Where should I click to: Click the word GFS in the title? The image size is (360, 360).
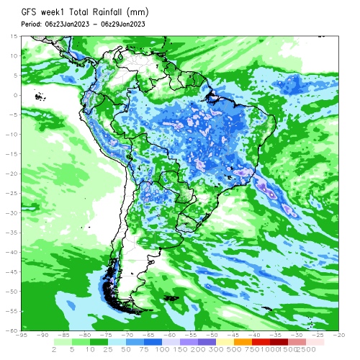coord(30,12)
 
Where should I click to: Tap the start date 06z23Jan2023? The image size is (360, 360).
coord(71,24)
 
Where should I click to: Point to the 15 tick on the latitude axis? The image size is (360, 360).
coord(14,36)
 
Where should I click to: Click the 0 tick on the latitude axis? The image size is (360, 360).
coord(16,95)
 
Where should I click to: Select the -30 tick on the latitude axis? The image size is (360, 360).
coord(12,212)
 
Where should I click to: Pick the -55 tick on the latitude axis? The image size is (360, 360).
coord(12,311)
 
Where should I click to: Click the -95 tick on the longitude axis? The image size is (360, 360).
coord(23,336)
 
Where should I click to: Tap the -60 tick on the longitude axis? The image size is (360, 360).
coord(171,336)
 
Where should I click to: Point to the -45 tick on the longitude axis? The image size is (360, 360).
coord(234,336)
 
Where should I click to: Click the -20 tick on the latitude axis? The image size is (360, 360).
coord(12,174)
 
